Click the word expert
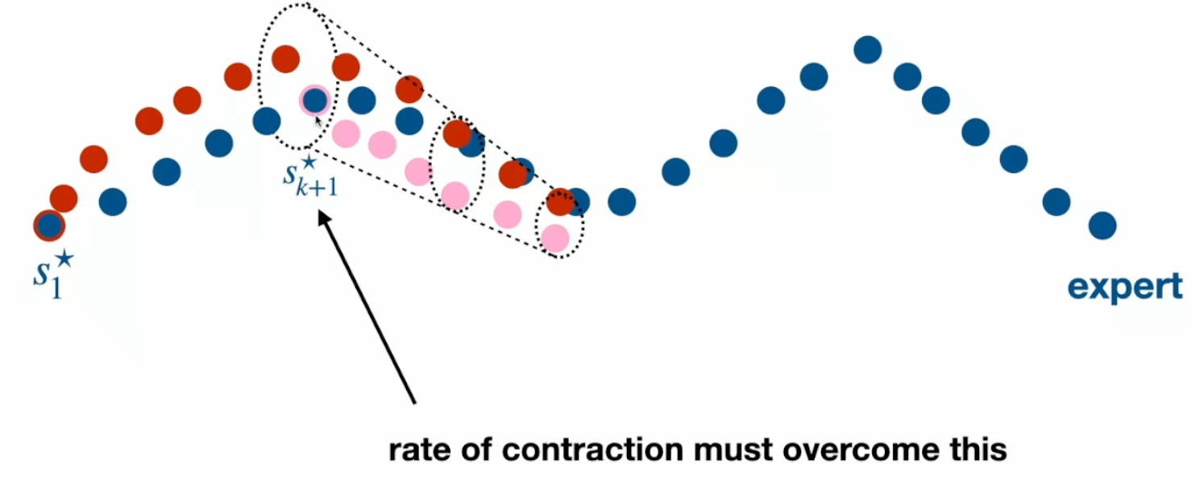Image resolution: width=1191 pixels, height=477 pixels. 1125,287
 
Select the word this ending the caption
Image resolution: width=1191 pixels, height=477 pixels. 977,449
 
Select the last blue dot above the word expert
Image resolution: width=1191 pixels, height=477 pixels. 1102,226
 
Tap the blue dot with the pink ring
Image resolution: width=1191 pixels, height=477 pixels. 314,100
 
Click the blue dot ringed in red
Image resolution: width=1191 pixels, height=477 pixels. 49,226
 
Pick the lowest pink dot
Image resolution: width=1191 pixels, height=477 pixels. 554,238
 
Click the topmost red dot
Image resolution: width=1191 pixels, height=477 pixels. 286,59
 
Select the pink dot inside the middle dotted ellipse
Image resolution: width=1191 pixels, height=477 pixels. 455,195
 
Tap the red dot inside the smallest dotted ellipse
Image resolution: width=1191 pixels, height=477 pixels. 558,201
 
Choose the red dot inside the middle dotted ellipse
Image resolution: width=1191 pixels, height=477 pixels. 457,134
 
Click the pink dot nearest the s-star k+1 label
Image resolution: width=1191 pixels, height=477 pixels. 346,132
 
